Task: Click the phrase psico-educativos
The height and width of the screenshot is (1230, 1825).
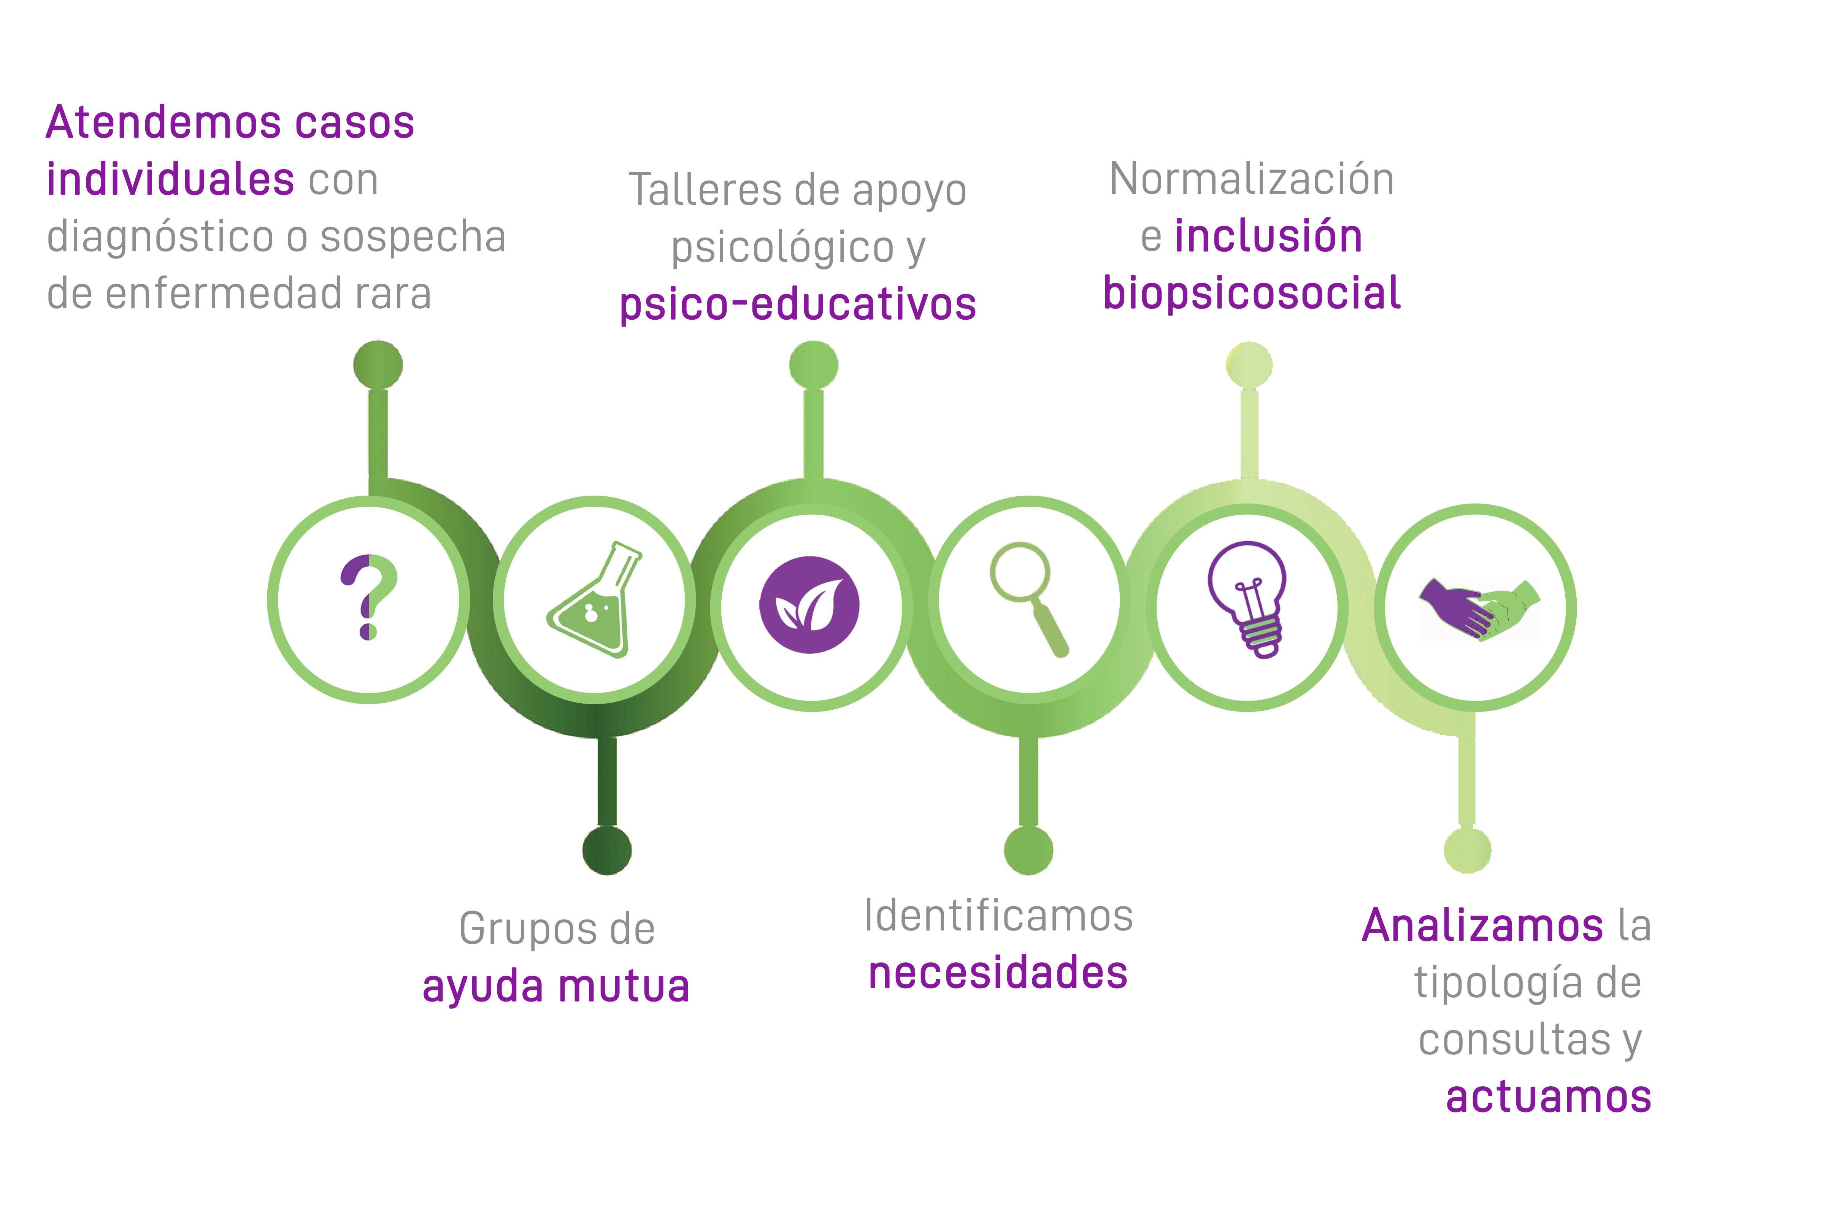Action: (x=798, y=305)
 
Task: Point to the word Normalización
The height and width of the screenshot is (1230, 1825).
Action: (x=1251, y=180)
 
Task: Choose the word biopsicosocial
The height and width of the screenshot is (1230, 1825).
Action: (x=1251, y=293)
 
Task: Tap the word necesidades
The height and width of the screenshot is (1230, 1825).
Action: (x=998, y=973)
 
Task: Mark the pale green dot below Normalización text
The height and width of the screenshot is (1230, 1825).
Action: (x=1249, y=365)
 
